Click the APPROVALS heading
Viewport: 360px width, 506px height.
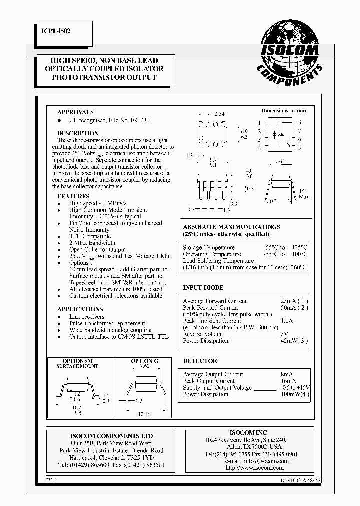pyautogui.click(x=75, y=112)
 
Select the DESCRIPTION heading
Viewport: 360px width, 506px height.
pyautogui.click(x=78, y=133)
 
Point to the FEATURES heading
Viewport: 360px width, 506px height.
pyautogui.click(x=73, y=196)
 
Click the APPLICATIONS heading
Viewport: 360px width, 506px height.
pyautogui.click(x=80, y=309)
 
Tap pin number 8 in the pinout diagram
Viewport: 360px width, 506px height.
pyautogui.click(x=299, y=122)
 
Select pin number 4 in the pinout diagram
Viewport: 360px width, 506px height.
pyautogui.click(x=259, y=148)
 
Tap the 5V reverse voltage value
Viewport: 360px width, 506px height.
pyautogui.click(x=284, y=334)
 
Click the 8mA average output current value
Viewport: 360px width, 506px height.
pyautogui.click(x=287, y=374)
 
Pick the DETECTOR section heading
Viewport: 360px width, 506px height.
pyautogui.click(x=200, y=360)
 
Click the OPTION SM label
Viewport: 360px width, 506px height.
pyautogui.click(x=77, y=361)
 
